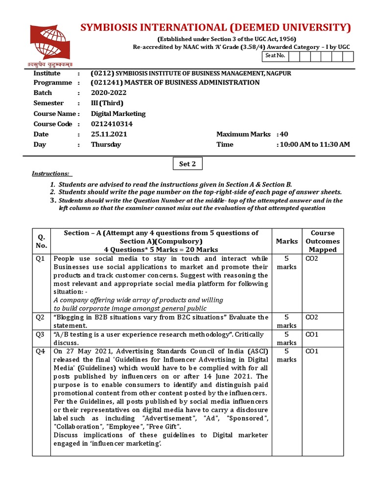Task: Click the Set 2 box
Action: tap(187, 164)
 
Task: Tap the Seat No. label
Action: tap(275, 56)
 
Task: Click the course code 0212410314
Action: tap(112, 124)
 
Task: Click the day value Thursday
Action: tap(106, 144)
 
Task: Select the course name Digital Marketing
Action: tap(118, 114)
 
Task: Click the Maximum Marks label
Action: tap(243, 134)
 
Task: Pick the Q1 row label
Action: tap(41, 259)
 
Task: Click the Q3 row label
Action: tap(41, 335)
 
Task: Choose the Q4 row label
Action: tap(41, 351)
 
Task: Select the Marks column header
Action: tap(286, 241)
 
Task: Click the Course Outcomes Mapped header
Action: tap(323, 241)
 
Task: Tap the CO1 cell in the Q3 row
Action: tap(312, 335)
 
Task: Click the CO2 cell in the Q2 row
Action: tap(312, 318)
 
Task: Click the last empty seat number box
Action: tap(348, 56)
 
